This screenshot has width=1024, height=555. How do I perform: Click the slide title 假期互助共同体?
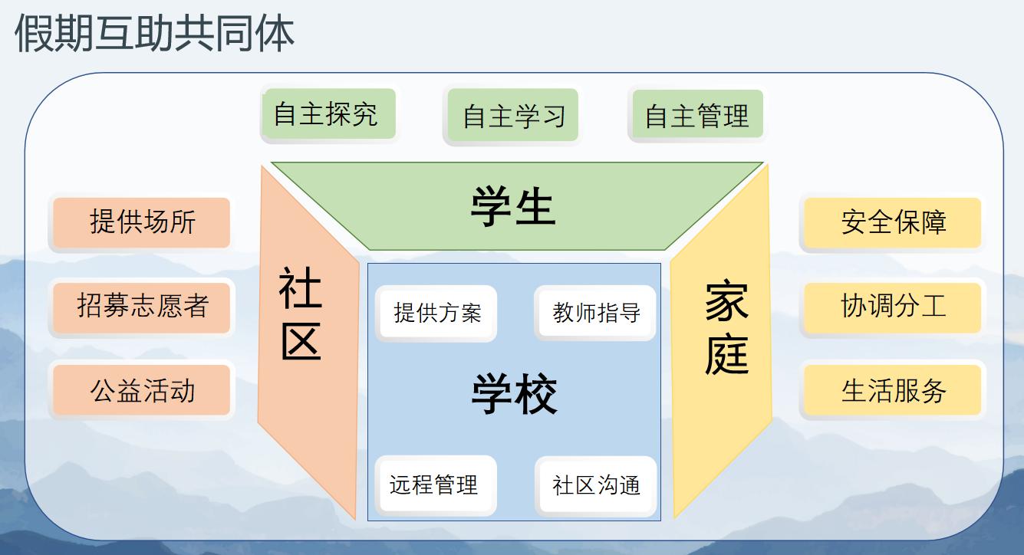click(x=154, y=33)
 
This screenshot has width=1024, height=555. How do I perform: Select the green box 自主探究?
click(x=328, y=113)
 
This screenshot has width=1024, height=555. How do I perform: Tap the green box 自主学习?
click(x=513, y=115)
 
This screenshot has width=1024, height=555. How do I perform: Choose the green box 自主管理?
click(x=697, y=114)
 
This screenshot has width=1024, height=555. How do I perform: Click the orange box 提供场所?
click(x=142, y=222)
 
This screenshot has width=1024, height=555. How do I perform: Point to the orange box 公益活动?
click(x=142, y=389)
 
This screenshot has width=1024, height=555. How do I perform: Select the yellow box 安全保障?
click(x=893, y=222)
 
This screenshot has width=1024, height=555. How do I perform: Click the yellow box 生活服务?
click(x=893, y=389)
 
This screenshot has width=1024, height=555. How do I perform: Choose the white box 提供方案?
click(x=436, y=313)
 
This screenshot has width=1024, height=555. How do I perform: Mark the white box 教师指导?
click(x=596, y=313)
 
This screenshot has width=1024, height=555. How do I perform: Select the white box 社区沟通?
click(x=597, y=484)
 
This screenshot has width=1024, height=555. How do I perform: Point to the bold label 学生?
click(x=513, y=206)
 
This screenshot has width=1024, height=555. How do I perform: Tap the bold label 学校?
click(x=514, y=393)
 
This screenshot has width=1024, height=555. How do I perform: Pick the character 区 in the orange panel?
click(x=301, y=341)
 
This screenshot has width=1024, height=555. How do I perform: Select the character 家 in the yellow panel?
click(x=727, y=300)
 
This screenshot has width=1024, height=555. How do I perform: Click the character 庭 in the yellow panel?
click(x=727, y=355)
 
